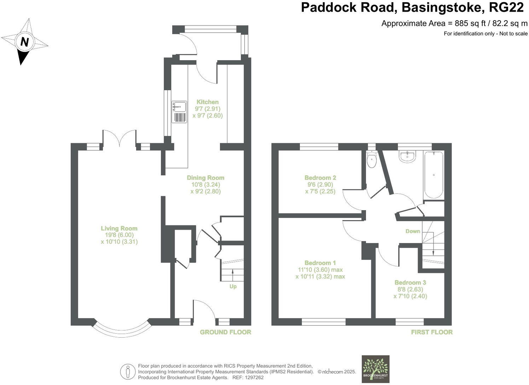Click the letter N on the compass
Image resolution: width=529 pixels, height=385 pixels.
click(x=24, y=42)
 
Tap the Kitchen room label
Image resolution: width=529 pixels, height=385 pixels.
click(x=208, y=102)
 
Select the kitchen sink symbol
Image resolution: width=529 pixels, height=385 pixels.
click(x=179, y=106)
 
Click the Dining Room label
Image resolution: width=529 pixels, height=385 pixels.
click(x=205, y=178)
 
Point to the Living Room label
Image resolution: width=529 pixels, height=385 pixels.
click(x=119, y=228)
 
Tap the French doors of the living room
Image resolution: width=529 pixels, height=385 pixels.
click(x=120, y=138)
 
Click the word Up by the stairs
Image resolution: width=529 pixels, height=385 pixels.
click(x=233, y=286)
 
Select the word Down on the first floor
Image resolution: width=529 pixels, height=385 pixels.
click(x=413, y=231)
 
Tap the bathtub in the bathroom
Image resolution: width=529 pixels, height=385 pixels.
click(x=434, y=175)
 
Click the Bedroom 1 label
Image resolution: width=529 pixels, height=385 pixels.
click(x=320, y=263)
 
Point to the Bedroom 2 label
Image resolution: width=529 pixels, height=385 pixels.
click(x=320, y=178)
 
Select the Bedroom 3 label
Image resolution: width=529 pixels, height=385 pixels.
click(x=410, y=282)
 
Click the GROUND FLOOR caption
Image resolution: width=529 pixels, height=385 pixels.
click(x=225, y=332)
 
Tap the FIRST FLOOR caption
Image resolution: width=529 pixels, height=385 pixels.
click(x=431, y=332)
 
